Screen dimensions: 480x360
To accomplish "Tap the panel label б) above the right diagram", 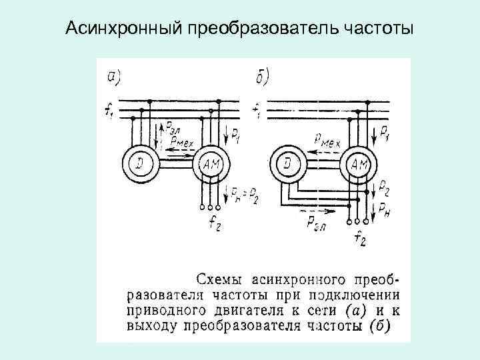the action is click(x=262, y=78).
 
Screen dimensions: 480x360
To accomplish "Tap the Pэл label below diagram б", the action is click(x=315, y=223).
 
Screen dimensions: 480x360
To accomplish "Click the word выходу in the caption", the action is click(x=147, y=326).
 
